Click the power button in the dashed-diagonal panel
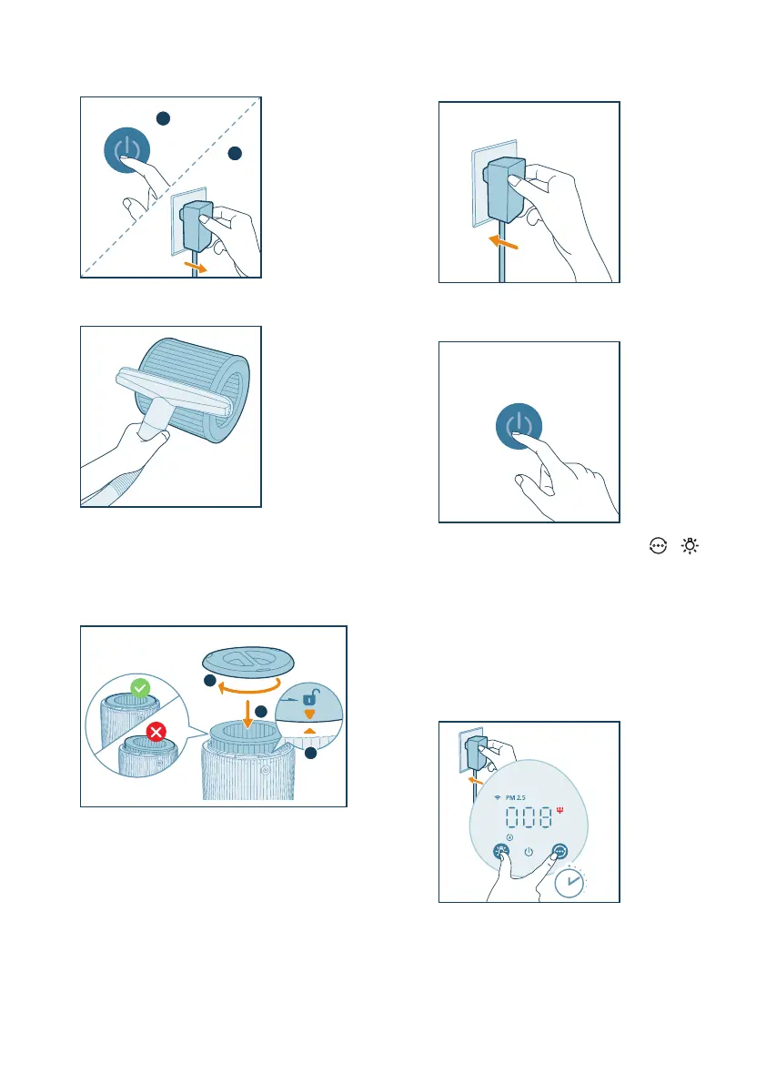(x=127, y=150)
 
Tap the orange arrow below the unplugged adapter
(x=196, y=267)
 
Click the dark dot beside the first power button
(x=163, y=118)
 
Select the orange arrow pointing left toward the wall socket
(x=503, y=242)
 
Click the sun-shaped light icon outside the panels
(x=690, y=546)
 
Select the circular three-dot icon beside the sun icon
(x=659, y=546)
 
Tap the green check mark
(x=140, y=688)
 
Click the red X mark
(x=156, y=732)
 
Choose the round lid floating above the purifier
(x=248, y=660)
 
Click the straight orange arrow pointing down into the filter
(x=247, y=713)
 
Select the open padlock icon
(x=310, y=697)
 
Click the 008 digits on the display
(x=529, y=818)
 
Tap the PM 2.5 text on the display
(x=515, y=798)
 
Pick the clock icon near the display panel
(x=569, y=883)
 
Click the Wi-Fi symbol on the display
(x=498, y=798)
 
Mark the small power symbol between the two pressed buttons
(x=529, y=852)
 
